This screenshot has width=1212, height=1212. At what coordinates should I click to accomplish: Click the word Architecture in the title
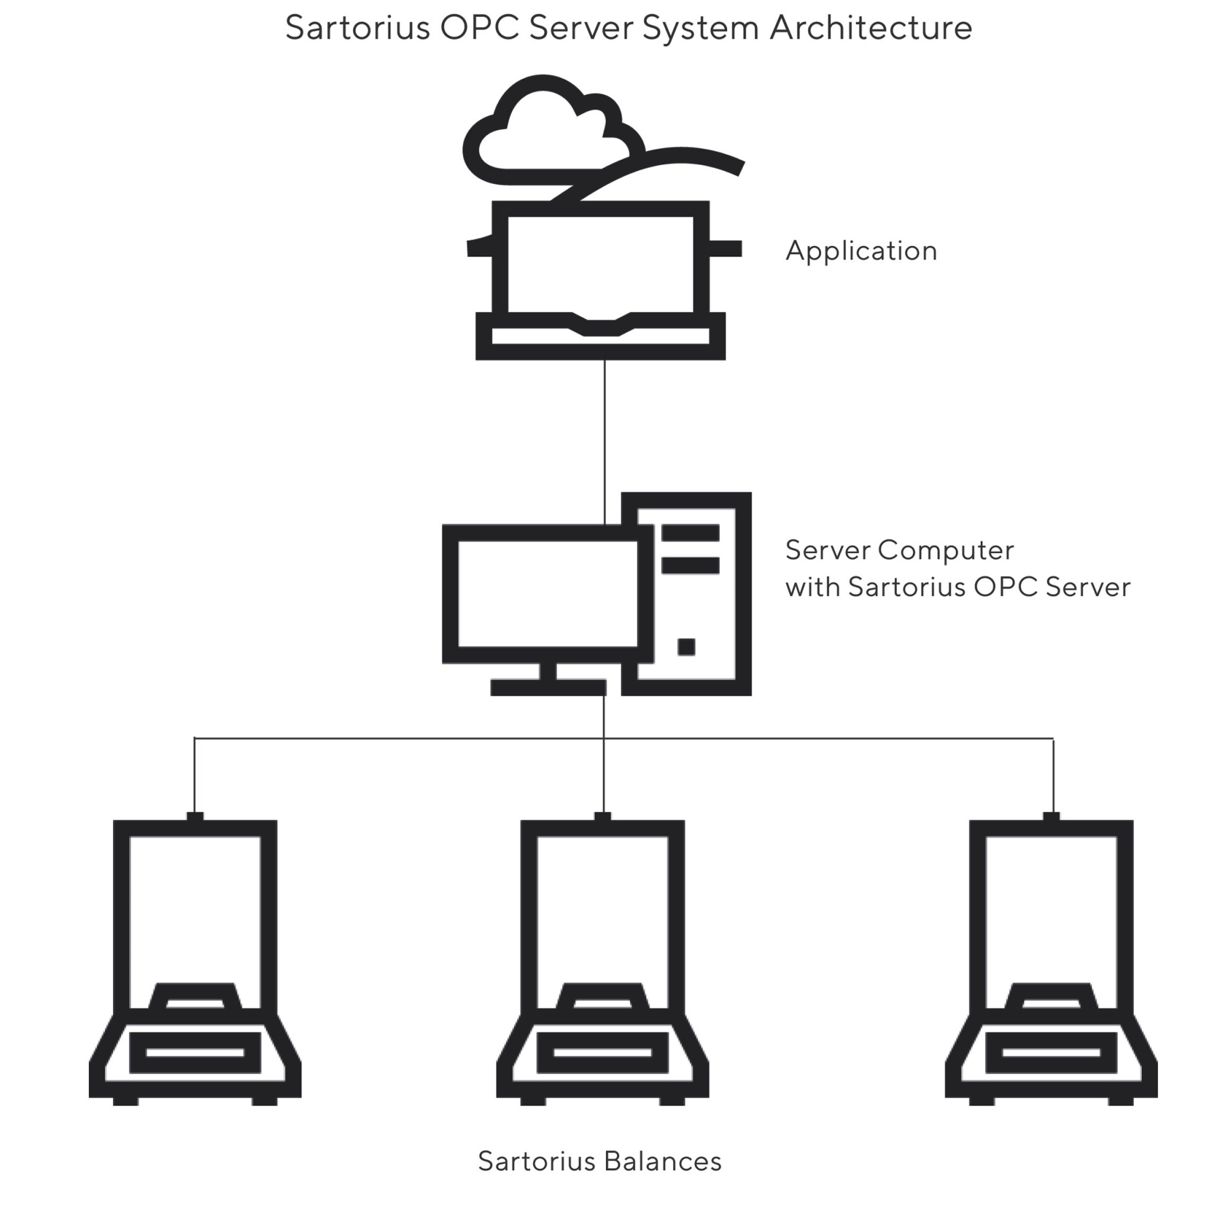pyautogui.click(x=871, y=28)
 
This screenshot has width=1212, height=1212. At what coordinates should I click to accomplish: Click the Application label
pyautogui.click(x=861, y=251)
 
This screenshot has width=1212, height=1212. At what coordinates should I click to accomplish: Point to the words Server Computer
pyautogui.click(x=899, y=550)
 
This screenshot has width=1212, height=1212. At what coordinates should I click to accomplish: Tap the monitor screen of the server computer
pyautogui.click(x=548, y=593)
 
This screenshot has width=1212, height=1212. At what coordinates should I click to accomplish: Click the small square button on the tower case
pyautogui.click(x=686, y=647)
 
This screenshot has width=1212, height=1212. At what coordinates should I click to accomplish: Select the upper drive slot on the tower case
pyautogui.click(x=690, y=533)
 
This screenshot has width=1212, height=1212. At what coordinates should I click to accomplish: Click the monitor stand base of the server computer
pyautogui.click(x=548, y=687)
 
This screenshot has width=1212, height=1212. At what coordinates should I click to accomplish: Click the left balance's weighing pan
pyautogui.click(x=195, y=997)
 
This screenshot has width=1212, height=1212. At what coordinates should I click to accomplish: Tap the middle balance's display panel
pyautogui.click(x=602, y=1053)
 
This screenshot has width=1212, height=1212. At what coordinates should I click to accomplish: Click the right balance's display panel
pyautogui.click(x=1051, y=1053)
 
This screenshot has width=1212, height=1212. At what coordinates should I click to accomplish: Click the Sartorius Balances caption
pyautogui.click(x=599, y=1161)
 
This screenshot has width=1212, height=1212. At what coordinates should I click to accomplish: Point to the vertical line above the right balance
pyautogui.click(x=1053, y=775)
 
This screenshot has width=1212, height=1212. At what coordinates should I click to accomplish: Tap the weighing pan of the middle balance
pyautogui.click(x=602, y=997)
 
